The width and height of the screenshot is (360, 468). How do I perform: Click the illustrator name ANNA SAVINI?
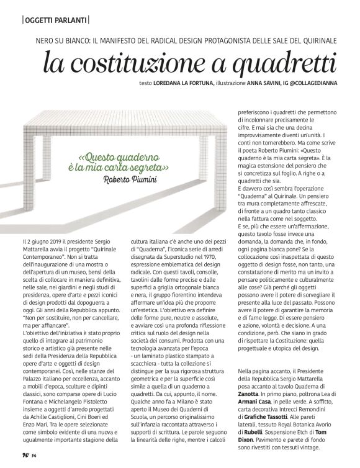coord(267,84)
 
